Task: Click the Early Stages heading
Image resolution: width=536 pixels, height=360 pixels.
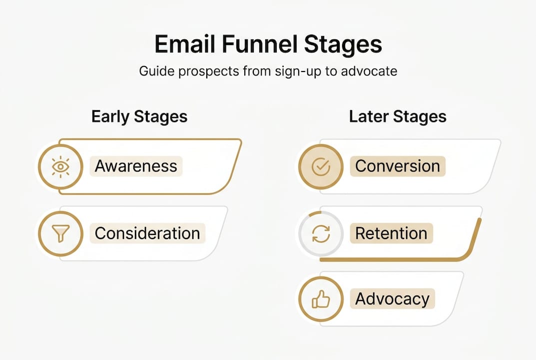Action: click(x=139, y=116)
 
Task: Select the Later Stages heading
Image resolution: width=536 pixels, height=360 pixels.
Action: click(x=398, y=116)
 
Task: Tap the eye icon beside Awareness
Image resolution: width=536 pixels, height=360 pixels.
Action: click(x=60, y=167)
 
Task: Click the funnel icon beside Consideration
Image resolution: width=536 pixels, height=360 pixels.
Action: click(x=60, y=233)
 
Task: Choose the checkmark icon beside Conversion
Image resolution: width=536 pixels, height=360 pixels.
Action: click(x=321, y=167)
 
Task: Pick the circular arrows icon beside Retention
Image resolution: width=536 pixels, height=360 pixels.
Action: click(x=321, y=233)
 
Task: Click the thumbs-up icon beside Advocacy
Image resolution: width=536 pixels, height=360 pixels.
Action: click(x=321, y=299)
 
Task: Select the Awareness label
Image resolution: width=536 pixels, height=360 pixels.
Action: click(x=136, y=166)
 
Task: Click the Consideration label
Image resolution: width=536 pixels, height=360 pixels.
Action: click(x=147, y=233)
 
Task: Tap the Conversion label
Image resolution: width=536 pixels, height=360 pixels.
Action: click(x=398, y=166)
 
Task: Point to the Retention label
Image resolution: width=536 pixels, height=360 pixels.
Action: click(x=391, y=233)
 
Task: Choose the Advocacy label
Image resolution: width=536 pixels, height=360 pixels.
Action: click(x=392, y=299)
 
